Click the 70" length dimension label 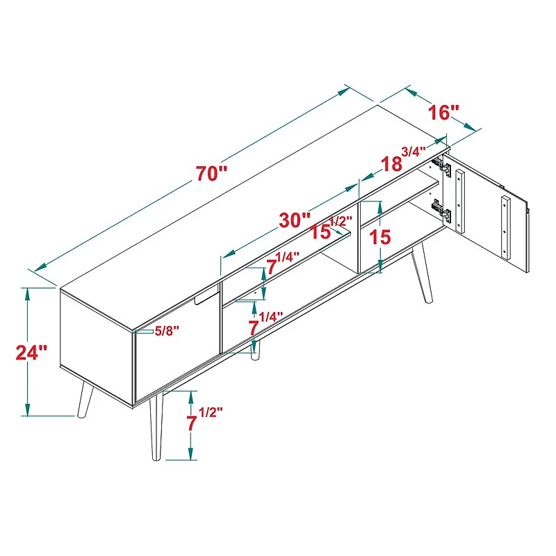click(211, 174)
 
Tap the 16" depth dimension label click(444, 113)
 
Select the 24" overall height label click(31, 352)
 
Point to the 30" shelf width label click(295, 220)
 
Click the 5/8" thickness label click(166, 332)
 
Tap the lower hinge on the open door click(437, 208)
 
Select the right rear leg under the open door click(421, 274)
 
